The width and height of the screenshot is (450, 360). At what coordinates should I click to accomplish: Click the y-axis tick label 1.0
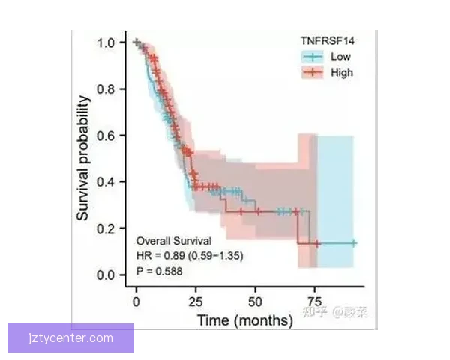tap(106, 43)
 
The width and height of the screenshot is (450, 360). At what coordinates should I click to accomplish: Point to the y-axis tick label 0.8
tap(106, 89)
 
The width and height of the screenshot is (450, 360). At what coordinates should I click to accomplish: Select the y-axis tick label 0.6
tap(106, 136)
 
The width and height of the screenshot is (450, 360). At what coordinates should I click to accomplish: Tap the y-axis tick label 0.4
tap(106, 182)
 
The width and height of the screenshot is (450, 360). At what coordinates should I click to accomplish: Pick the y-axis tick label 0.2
tap(106, 229)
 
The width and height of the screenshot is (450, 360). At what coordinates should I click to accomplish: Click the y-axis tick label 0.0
tap(106, 275)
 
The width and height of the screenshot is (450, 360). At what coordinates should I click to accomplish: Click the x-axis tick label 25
tap(195, 301)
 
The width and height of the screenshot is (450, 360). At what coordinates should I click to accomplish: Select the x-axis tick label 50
tap(254, 301)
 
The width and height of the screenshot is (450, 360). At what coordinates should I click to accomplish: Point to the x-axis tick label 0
tap(136, 301)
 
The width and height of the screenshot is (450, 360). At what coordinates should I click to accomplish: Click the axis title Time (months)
tap(244, 320)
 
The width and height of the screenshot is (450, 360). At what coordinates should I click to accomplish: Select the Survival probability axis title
tap(83, 158)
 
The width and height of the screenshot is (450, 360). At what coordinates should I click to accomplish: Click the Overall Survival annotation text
tap(173, 241)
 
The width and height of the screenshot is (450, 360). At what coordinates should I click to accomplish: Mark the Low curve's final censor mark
tap(352, 243)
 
